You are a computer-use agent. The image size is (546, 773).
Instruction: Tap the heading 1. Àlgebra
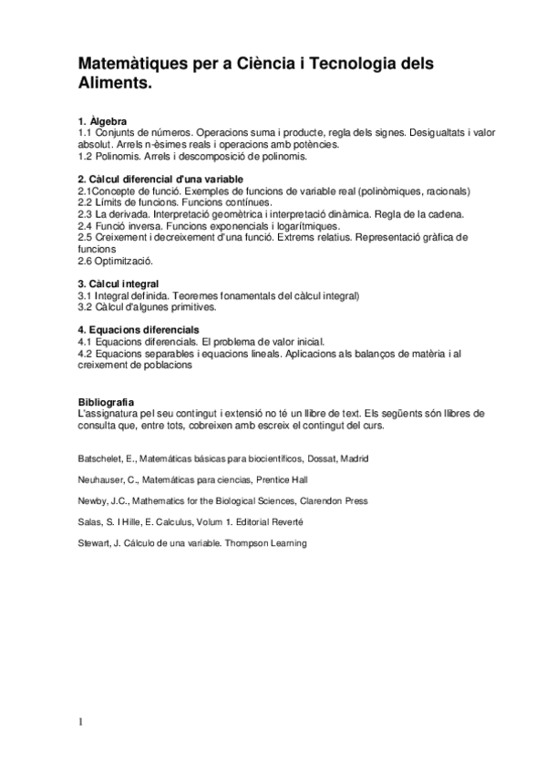point(103,121)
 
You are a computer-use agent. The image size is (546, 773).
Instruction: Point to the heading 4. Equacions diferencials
point(139,328)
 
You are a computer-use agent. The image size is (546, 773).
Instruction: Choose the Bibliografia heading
point(107,401)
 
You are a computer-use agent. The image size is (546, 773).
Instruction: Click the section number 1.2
point(86,156)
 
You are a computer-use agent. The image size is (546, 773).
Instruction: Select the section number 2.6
point(86,260)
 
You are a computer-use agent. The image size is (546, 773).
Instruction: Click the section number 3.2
point(86,307)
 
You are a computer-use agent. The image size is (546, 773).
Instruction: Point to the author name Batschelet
point(98,458)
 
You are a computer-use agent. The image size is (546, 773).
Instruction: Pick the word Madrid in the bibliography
point(354,458)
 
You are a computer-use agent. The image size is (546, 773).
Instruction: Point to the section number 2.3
point(86,214)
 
